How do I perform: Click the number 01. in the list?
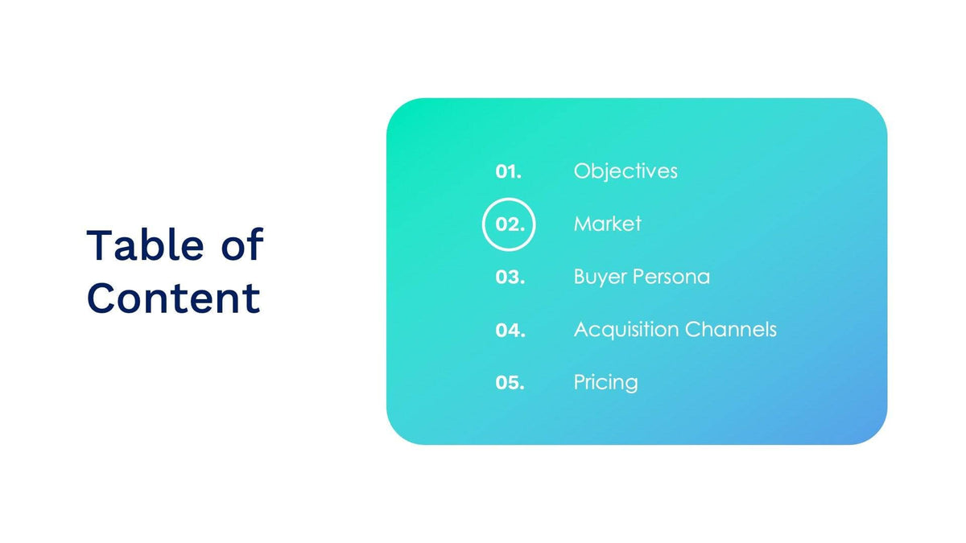pos(508,171)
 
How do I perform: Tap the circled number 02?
pos(509,224)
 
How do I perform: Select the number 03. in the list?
pos(510,278)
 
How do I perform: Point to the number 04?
pos(510,331)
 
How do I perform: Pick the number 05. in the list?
pos(510,383)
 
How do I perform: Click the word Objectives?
pos(625,171)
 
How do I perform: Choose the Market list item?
pos(607,224)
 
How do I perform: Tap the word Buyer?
pos(601,278)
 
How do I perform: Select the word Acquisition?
pos(626,330)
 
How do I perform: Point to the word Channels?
pos(731,330)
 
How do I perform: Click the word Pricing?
pos(605,383)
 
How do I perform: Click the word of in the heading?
pos(242,245)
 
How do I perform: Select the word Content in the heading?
pos(173,298)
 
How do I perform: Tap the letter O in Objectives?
pos(582,171)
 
